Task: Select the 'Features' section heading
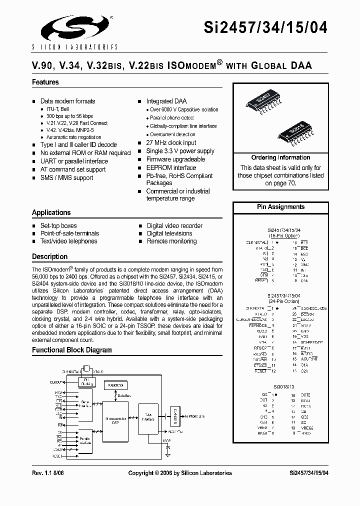[45, 82]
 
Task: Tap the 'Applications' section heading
[51, 212]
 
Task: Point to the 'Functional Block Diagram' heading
[72, 350]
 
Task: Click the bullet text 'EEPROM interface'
[171, 167]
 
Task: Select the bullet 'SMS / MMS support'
[66, 177]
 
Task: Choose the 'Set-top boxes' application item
[58, 225]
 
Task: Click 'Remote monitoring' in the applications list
[171, 241]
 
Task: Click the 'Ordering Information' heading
[280, 157]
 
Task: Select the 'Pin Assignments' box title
[280, 206]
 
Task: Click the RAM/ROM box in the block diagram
[115, 385]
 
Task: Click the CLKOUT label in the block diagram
[56, 382]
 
